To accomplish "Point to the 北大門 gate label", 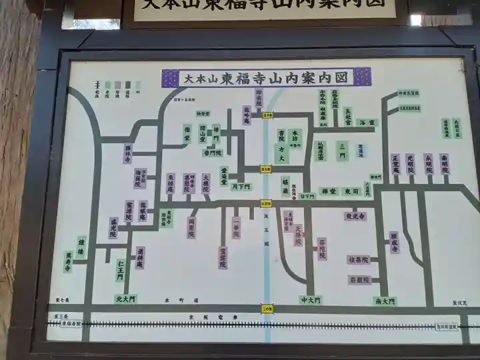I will coord(125,299).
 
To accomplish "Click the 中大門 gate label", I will coord(310,300).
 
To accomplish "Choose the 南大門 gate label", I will coord(385,301).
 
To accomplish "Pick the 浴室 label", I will coord(368,123).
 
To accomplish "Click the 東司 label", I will coord(351,192).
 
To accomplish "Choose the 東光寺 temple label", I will coord(355,216).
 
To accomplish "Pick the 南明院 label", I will coord(445,165).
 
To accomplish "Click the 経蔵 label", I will coord(285,185).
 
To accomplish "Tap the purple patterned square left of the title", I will coord(170,77).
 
